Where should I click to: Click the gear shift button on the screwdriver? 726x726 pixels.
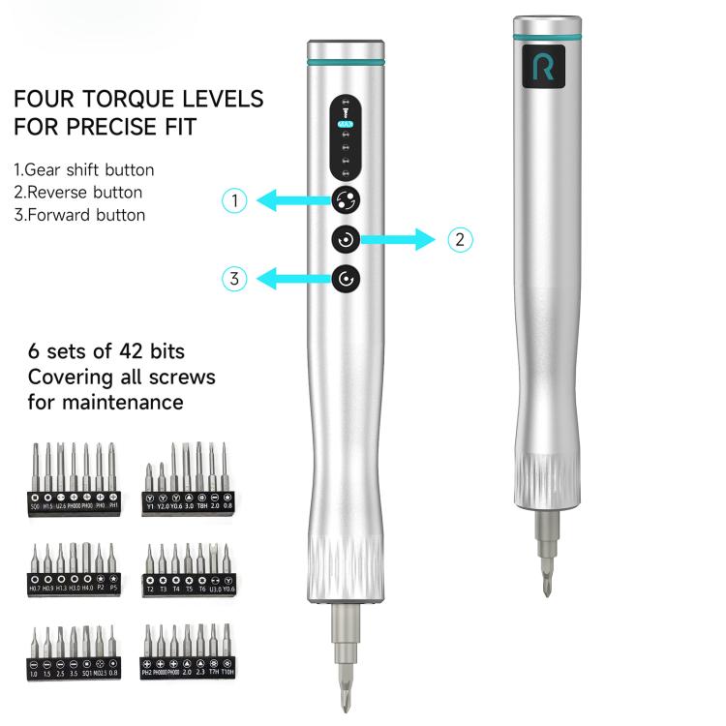(x=346, y=200)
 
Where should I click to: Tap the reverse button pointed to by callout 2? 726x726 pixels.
(x=346, y=239)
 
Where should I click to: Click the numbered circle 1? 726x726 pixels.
(x=234, y=200)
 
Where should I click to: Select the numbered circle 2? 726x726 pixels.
(x=461, y=239)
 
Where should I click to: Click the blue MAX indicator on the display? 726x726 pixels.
(x=346, y=125)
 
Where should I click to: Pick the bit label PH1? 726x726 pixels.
(x=113, y=505)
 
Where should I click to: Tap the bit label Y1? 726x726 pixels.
(x=150, y=505)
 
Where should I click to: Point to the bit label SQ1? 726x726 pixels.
(x=86, y=672)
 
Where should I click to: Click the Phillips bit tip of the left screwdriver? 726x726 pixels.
(x=346, y=687)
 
